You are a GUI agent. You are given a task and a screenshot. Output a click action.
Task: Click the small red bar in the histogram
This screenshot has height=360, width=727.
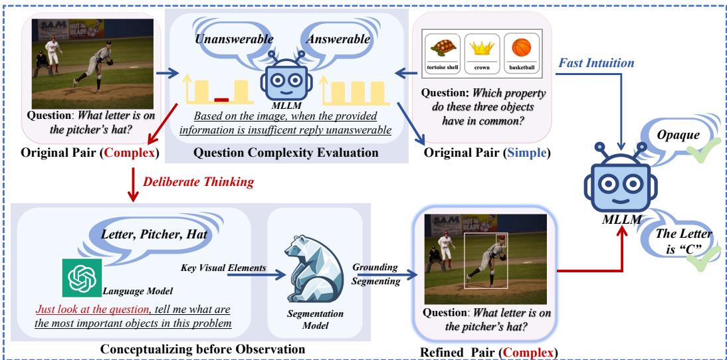221,100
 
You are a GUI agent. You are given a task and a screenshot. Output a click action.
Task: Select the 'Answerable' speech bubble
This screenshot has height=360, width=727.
338,41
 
